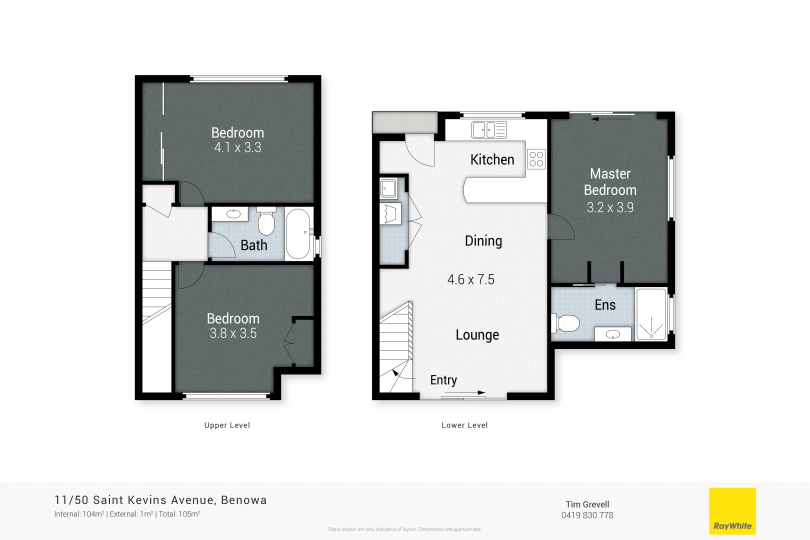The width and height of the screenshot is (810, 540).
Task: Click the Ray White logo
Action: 732,511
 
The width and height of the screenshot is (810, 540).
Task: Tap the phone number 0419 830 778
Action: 587,515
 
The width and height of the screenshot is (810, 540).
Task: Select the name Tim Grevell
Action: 587,504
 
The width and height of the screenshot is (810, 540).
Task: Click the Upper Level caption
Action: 227,425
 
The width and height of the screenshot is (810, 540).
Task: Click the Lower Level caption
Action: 464,425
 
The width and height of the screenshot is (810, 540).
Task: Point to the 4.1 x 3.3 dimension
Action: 237,147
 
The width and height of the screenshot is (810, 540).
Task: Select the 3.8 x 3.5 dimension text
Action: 233,333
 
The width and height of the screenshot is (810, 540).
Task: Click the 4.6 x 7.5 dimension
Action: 470,279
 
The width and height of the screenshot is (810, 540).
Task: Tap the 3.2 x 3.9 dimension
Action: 610,207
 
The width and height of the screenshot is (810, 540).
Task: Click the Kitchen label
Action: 492,159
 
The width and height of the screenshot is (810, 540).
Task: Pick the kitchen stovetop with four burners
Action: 536,159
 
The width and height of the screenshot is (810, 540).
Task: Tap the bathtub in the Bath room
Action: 298,233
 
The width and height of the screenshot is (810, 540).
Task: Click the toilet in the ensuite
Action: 566,323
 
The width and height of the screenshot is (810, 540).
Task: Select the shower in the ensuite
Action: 651,314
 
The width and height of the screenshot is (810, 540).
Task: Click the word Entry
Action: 443,380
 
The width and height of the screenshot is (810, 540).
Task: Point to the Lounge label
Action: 477,335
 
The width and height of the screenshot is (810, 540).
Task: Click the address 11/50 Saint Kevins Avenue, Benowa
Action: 160,500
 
